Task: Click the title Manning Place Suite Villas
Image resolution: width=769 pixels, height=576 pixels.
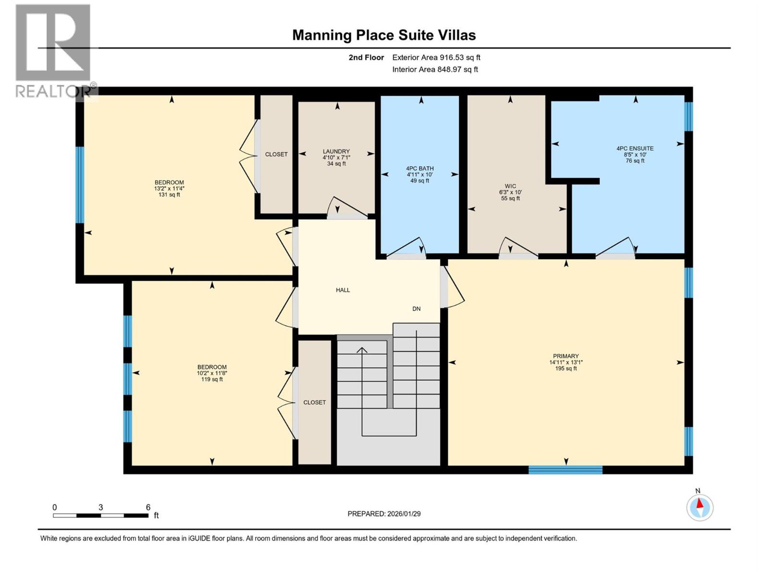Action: click(x=384, y=35)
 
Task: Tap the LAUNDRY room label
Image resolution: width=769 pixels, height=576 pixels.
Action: click(x=336, y=151)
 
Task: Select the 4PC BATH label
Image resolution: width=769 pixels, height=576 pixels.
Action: click(x=420, y=168)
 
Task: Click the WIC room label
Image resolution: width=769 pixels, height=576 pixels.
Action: click(x=510, y=186)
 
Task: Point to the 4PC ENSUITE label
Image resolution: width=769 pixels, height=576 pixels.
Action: click(x=635, y=148)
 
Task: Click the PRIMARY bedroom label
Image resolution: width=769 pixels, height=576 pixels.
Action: click(x=566, y=356)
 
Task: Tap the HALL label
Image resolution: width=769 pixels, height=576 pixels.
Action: click(x=343, y=290)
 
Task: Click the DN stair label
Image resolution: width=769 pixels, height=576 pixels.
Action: click(x=416, y=309)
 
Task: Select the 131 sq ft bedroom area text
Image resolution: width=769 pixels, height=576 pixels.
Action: click(x=169, y=194)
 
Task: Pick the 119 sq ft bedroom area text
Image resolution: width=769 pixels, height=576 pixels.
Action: click(x=211, y=379)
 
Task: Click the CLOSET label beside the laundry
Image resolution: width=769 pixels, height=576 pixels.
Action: click(x=276, y=154)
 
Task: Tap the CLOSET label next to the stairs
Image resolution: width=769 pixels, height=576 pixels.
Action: click(x=314, y=402)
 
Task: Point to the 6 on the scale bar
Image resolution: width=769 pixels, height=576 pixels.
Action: click(x=148, y=507)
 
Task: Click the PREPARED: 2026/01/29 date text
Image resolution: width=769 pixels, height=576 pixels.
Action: click(x=384, y=514)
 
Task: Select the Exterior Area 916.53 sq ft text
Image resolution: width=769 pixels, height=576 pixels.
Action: click(x=436, y=58)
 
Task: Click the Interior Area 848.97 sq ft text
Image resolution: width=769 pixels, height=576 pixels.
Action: click(x=435, y=69)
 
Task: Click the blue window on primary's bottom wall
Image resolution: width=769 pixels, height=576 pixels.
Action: click(x=565, y=469)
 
